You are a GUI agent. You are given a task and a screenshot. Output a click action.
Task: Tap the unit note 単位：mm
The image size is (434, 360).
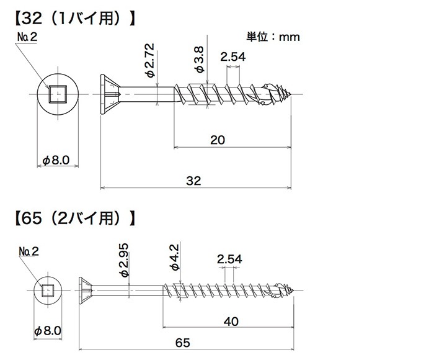(x=273, y=37)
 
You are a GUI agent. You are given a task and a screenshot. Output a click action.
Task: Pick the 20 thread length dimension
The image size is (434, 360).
(x=217, y=140)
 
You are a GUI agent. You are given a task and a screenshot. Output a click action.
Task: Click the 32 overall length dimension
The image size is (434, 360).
(x=194, y=180)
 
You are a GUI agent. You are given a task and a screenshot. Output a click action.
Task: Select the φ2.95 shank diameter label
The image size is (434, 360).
(x=123, y=261)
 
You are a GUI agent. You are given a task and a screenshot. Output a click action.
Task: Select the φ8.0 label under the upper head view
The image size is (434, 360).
(x=56, y=160)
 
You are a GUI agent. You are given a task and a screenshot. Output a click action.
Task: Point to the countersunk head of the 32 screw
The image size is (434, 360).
(x=107, y=94)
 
